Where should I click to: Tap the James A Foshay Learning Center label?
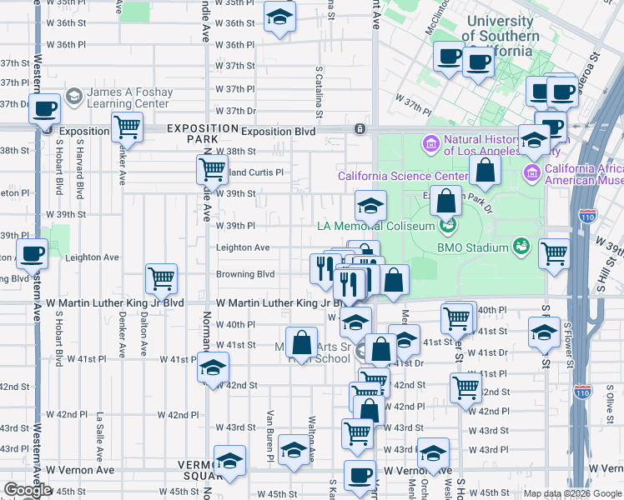(129, 97)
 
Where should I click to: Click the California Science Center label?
(403, 176)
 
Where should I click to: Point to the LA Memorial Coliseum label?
(376, 226)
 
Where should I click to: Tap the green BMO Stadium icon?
(521, 247)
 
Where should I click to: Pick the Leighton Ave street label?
(243, 247)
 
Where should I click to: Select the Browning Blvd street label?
(245, 274)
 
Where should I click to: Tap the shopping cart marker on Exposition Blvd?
(127, 127)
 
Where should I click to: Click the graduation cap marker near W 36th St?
(279, 18)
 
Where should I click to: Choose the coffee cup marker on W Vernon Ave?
(360, 476)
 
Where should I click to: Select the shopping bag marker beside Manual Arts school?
(303, 342)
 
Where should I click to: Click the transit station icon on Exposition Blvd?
(360, 129)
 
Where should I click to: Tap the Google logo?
(28, 491)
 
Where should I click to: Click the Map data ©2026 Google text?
(571, 493)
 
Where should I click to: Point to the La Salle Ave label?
(99, 433)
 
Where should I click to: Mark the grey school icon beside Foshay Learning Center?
(73, 97)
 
